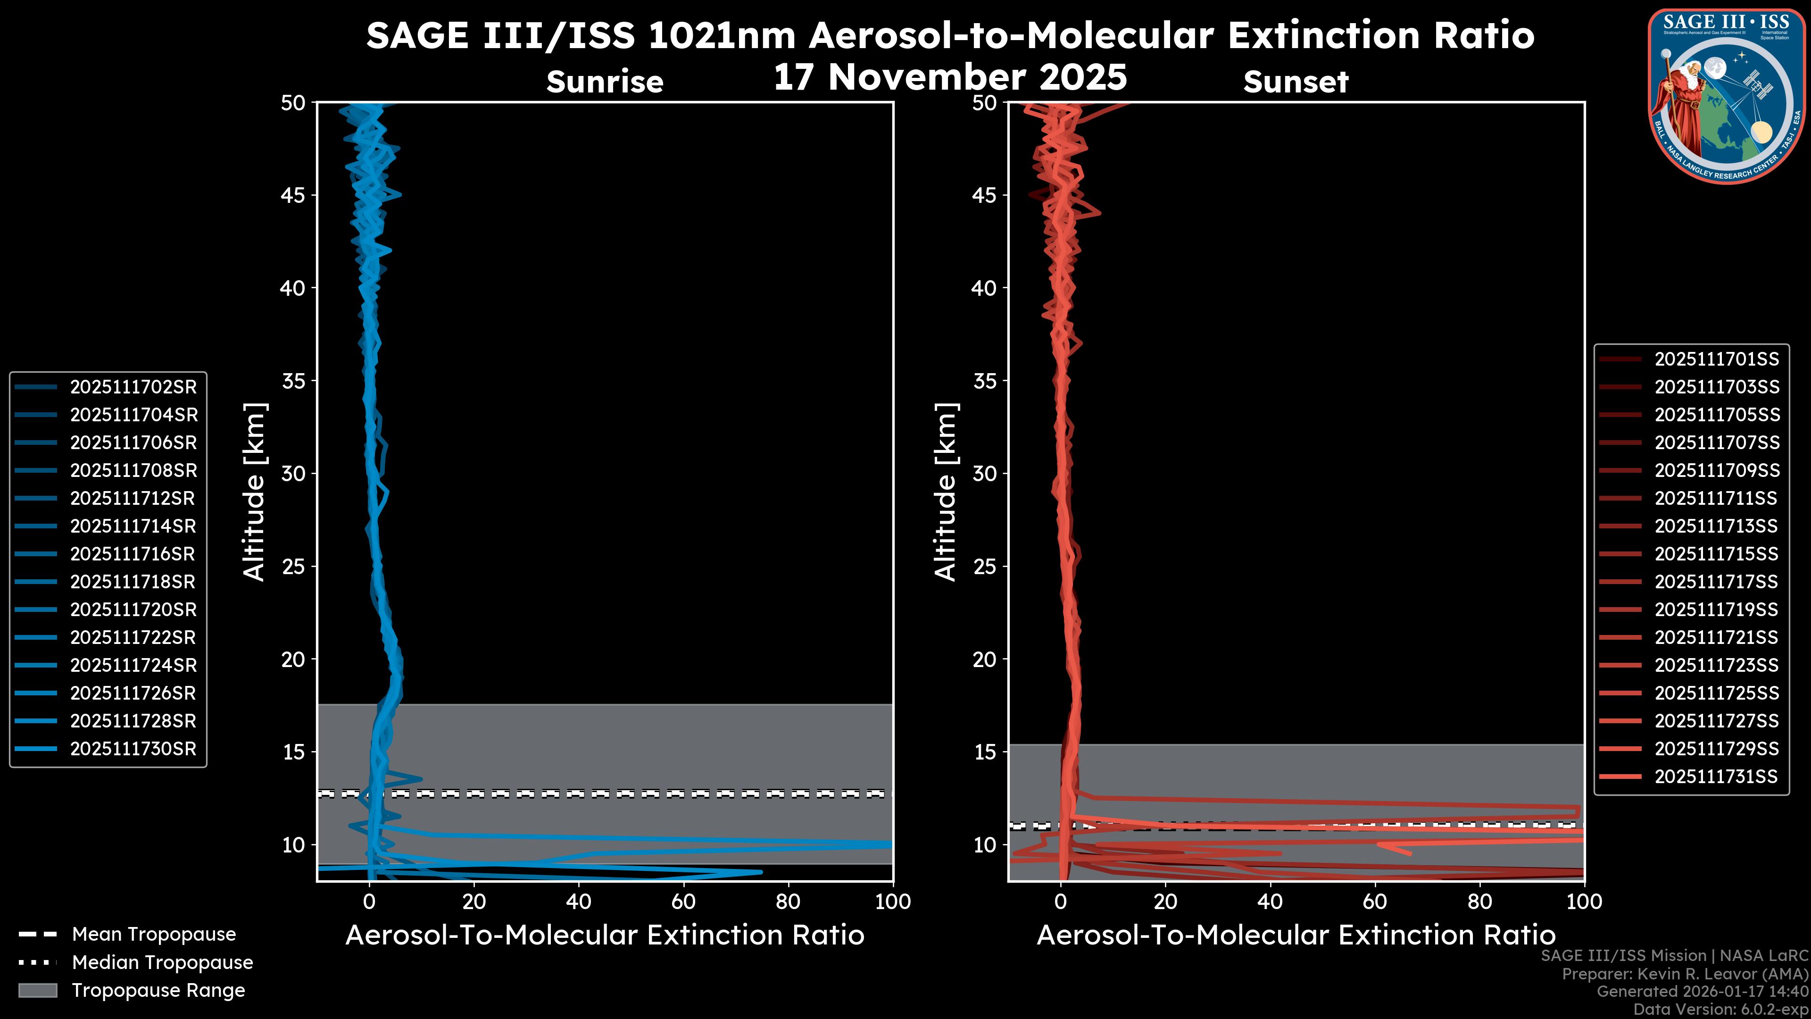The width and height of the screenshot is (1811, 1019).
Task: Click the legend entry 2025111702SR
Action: coord(133,387)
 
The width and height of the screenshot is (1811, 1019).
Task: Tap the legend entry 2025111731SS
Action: coord(1716,777)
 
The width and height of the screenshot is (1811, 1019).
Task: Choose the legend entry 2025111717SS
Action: coord(1716,582)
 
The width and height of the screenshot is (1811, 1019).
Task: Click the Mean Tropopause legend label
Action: coord(154,934)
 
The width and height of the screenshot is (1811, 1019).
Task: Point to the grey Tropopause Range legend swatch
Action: coord(38,990)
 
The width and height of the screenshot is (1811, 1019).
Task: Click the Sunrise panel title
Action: coord(605,82)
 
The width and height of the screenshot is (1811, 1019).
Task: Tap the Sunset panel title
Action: coord(1296,82)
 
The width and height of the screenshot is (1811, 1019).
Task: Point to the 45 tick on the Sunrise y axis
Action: coord(293,195)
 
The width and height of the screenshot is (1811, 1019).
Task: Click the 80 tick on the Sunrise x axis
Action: coord(788,902)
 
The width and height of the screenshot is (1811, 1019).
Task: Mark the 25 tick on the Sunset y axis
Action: coord(985,566)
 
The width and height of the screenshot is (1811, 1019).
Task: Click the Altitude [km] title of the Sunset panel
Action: coord(946,492)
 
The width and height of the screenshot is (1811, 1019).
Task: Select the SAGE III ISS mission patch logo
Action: coord(1727,95)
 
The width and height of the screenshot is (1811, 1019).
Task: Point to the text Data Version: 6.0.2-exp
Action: coord(1720,1009)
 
